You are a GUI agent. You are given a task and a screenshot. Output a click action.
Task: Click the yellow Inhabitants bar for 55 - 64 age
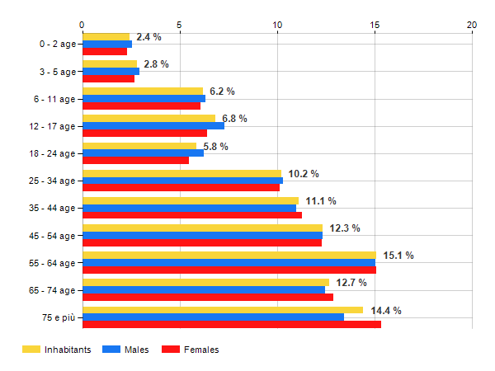point(229,256)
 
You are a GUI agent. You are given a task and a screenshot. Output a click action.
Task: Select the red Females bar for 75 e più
point(231,325)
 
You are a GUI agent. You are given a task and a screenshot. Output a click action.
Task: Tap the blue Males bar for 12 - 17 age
point(153,126)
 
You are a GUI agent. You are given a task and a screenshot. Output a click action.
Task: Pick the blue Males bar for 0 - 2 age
point(106,44)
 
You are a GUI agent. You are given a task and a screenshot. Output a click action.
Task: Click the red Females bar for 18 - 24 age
point(135,160)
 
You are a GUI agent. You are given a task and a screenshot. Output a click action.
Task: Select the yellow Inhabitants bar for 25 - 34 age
point(181,173)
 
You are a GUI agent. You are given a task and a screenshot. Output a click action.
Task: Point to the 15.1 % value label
point(398,256)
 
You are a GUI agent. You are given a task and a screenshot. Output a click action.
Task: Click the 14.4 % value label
point(385,311)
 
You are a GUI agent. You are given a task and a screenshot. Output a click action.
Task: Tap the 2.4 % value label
point(148,37)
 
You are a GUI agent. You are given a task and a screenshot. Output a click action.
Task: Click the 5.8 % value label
point(215,147)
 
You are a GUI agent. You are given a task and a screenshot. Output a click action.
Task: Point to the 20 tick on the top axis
point(472,26)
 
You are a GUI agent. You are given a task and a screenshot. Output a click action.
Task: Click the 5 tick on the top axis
point(179,26)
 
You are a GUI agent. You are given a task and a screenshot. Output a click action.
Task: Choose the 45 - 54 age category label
point(51,236)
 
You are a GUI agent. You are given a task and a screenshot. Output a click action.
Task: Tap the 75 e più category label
point(58,318)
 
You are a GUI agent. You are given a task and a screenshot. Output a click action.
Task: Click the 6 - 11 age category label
point(53,99)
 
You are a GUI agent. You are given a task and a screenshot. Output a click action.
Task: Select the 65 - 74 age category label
point(51,291)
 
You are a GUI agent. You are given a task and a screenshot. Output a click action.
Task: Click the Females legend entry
point(201,350)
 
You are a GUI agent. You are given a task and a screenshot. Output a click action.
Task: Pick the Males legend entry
point(137,350)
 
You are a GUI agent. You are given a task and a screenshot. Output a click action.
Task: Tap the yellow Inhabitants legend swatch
point(31,350)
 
